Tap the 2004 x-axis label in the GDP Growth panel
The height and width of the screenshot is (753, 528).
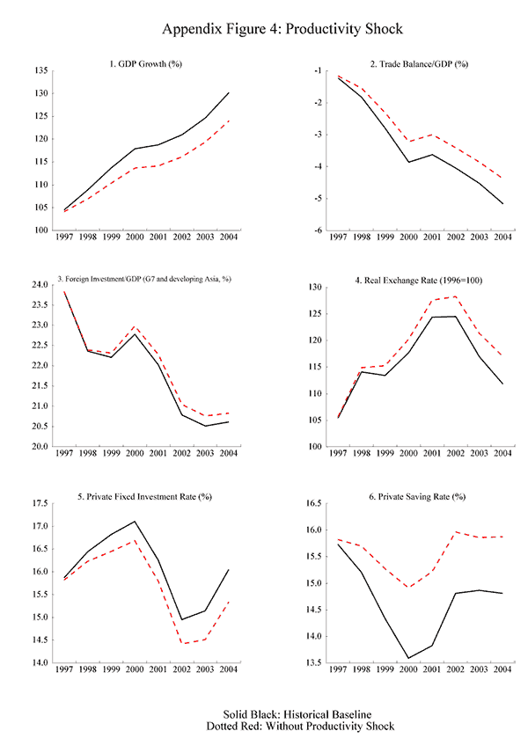pos(228,238)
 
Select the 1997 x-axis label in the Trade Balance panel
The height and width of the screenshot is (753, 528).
pos(337,238)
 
